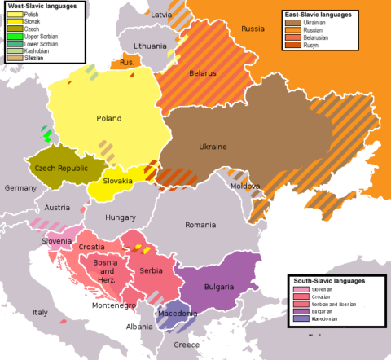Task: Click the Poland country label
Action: pyautogui.click(x=109, y=119)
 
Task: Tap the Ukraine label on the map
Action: pyautogui.click(x=213, y=147)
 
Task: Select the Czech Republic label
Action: pyautogui.click(x=61, y=167)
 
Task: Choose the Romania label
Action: pyautogui.click(x=200, y=225)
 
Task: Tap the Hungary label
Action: pyautogui.click(x=120, y=217)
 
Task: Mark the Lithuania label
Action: pyautogui.click(x=151, y=46)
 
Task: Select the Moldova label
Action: pyautogui.click(x=244, y=187)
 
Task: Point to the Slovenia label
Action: pyautogui.click(x=58, y=241)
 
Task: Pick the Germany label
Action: pyautogui.click(x=20, y=188)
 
